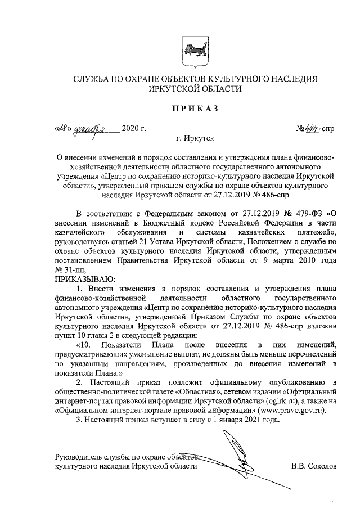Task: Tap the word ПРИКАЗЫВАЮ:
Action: (84, 277)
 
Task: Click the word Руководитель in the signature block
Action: (78, 457)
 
